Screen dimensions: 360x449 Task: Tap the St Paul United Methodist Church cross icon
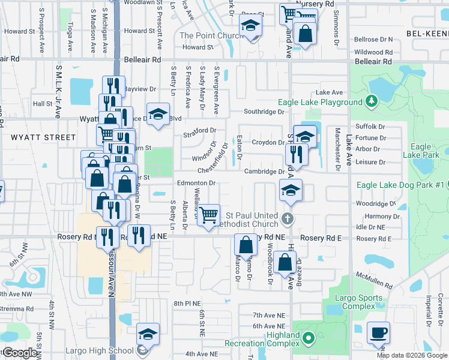(x=288, y=218)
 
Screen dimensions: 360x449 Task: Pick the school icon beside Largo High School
(x=148, y=334)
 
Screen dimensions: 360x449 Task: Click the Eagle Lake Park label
(x=421, y=151)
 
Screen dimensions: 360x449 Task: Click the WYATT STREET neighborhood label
(x=35, y=137)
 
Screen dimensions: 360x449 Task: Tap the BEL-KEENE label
(x=427, y=34)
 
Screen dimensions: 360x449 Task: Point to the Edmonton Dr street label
(x=196, y=183)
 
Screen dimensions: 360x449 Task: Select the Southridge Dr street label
(x=264, y=112)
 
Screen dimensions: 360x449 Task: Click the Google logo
(x=19, y=353)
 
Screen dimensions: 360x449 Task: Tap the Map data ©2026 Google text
(x=412, y=355)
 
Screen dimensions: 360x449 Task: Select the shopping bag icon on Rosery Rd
(x=246, y=245)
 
